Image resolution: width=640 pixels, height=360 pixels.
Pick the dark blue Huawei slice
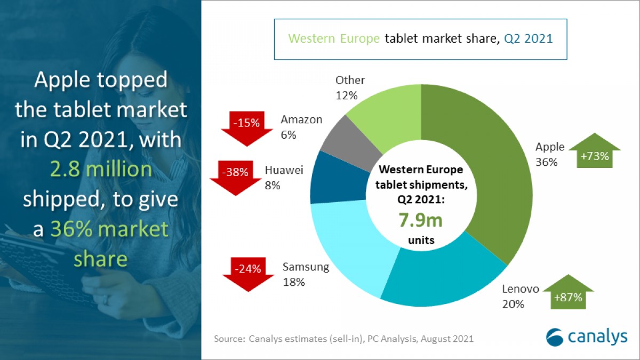point(328,179)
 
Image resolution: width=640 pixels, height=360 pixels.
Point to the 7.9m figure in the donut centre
point(421,219)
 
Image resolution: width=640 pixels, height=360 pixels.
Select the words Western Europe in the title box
point(334,39)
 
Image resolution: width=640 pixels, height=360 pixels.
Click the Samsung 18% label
point(306,274)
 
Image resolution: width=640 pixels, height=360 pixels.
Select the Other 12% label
point(350,87)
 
